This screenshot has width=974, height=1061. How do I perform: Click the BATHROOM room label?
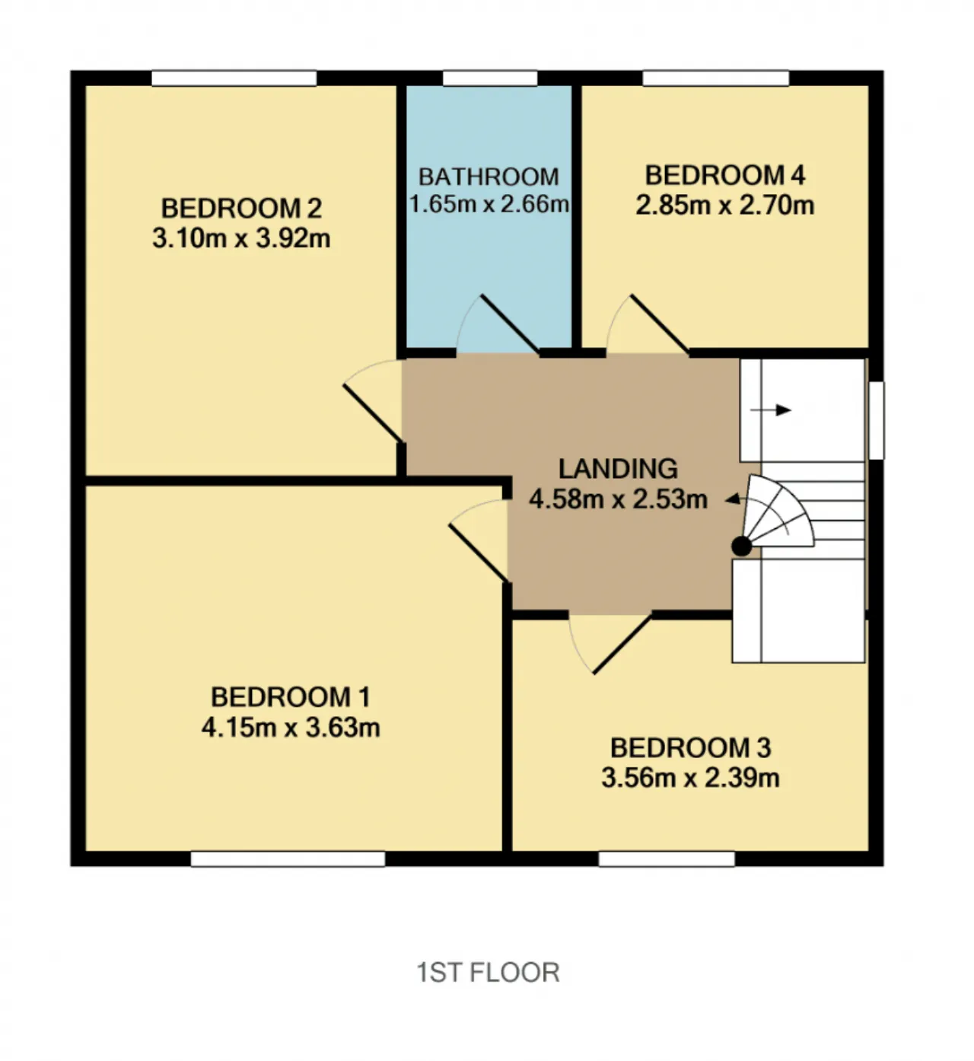[x=489, y=177]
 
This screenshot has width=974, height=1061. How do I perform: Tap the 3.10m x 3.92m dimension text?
[x=241, y=238]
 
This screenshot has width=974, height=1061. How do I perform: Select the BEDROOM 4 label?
[x=724, y=176]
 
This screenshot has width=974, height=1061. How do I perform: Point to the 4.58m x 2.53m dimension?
[x=618, y=499]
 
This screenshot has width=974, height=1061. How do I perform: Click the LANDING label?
[x=618, y=469]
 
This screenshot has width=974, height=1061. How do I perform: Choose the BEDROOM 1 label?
[x=290, y=697]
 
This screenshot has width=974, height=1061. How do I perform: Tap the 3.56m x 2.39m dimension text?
[x=690, y=778]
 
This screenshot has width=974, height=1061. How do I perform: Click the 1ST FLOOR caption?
[x=488, y=972]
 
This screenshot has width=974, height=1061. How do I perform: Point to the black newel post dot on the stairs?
[x=741, y=546]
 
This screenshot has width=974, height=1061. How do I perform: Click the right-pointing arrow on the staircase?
[x=770, y=410]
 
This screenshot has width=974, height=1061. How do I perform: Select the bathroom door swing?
[x=497, y=324]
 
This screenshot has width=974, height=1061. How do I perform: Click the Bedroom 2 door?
[x=374, y=400]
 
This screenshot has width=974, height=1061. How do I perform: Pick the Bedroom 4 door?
[x=648, y=324]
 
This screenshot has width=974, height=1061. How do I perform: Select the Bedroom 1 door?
[x=479, y=540]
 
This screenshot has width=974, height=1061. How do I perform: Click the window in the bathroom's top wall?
[x=489, y=78]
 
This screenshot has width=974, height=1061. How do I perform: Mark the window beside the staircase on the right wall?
[x=876, y=420]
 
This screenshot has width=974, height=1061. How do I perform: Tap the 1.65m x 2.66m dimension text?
[x=489, y=204]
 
